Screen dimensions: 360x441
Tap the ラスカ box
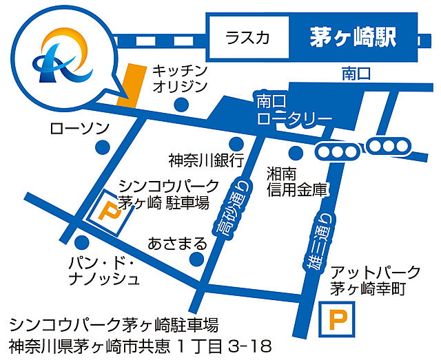click(x=247, y=39)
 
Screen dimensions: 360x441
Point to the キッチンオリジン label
click(x=179, y=77)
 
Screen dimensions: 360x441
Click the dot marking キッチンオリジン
click(x=182, y=105)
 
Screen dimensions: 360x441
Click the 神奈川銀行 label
click(x=206, y=160)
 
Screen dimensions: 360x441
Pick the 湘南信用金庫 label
click(x=296, y=180)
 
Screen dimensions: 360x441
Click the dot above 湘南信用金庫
click(x=296, y=153)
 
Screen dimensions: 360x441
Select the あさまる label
click(x=177, y=243)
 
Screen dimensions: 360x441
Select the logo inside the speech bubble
click(x=61, y=56)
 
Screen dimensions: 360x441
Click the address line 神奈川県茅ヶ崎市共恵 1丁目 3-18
click(x=141, y=344)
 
